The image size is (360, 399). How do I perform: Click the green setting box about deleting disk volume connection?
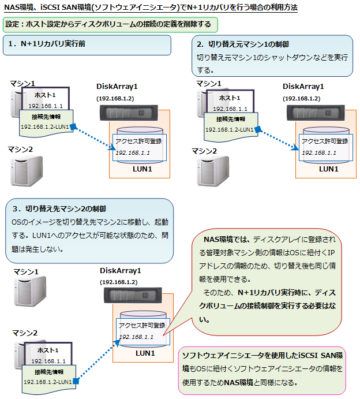point(110,25)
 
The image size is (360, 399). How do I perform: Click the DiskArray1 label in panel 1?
point(117,87)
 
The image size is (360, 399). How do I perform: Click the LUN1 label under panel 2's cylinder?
point(328,169)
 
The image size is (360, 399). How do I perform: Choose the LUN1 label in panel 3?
point(145,353)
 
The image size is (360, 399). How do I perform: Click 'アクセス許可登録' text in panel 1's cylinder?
point(138,141)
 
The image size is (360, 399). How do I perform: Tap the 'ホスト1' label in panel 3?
point(47,350)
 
